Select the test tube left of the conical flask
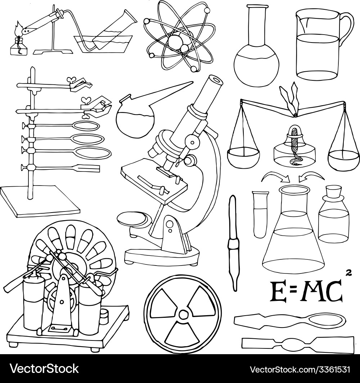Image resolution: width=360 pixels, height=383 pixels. (260, 214)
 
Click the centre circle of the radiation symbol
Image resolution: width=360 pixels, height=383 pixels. (183, 314)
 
